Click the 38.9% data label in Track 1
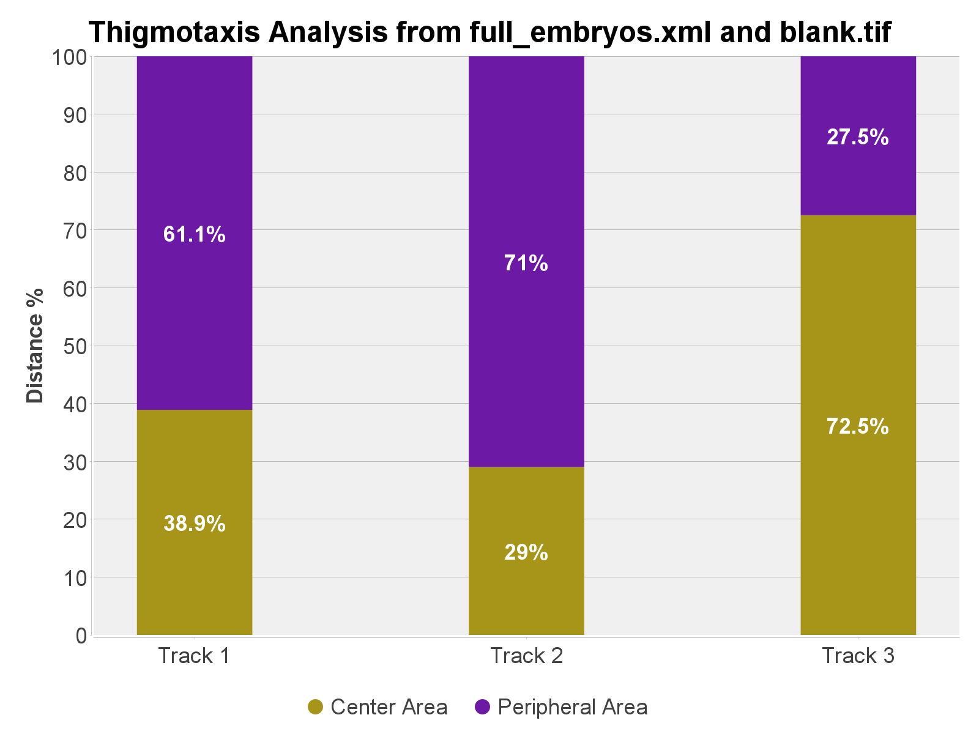coord(195,524)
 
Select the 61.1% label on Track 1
coord(195,234)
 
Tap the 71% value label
coord(526,263)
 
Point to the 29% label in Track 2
coord(526,552)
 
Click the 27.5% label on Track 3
coord(858,137)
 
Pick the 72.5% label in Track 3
coord(858,426)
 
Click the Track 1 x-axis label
coord(195,656)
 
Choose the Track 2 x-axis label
coord(526,656)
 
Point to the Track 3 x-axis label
coord(858,656)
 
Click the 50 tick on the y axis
coord(75,346)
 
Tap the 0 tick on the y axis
coord(81,636)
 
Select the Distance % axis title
coord(35,346)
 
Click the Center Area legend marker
coord(315,707)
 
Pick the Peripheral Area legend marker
coord(483,707)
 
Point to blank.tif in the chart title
coord(835,32)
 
